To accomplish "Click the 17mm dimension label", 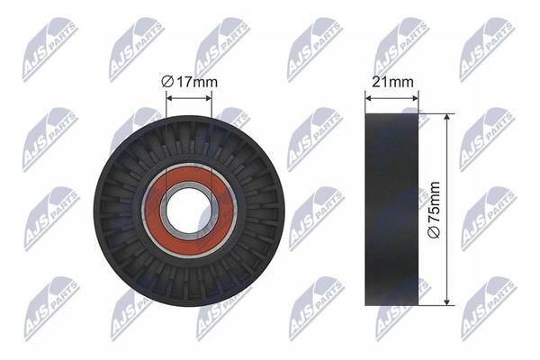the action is pos(197,82).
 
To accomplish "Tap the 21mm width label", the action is pos(392,82).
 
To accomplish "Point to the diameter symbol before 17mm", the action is pos(167,82).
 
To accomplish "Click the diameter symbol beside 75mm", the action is pos(434,232).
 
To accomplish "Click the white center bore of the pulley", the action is pos(188,210).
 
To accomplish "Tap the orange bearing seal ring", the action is pos(189,210).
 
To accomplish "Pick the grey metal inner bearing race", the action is pos(188,210).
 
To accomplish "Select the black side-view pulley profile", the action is pos(391,210).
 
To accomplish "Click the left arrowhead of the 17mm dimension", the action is pos(169,98).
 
